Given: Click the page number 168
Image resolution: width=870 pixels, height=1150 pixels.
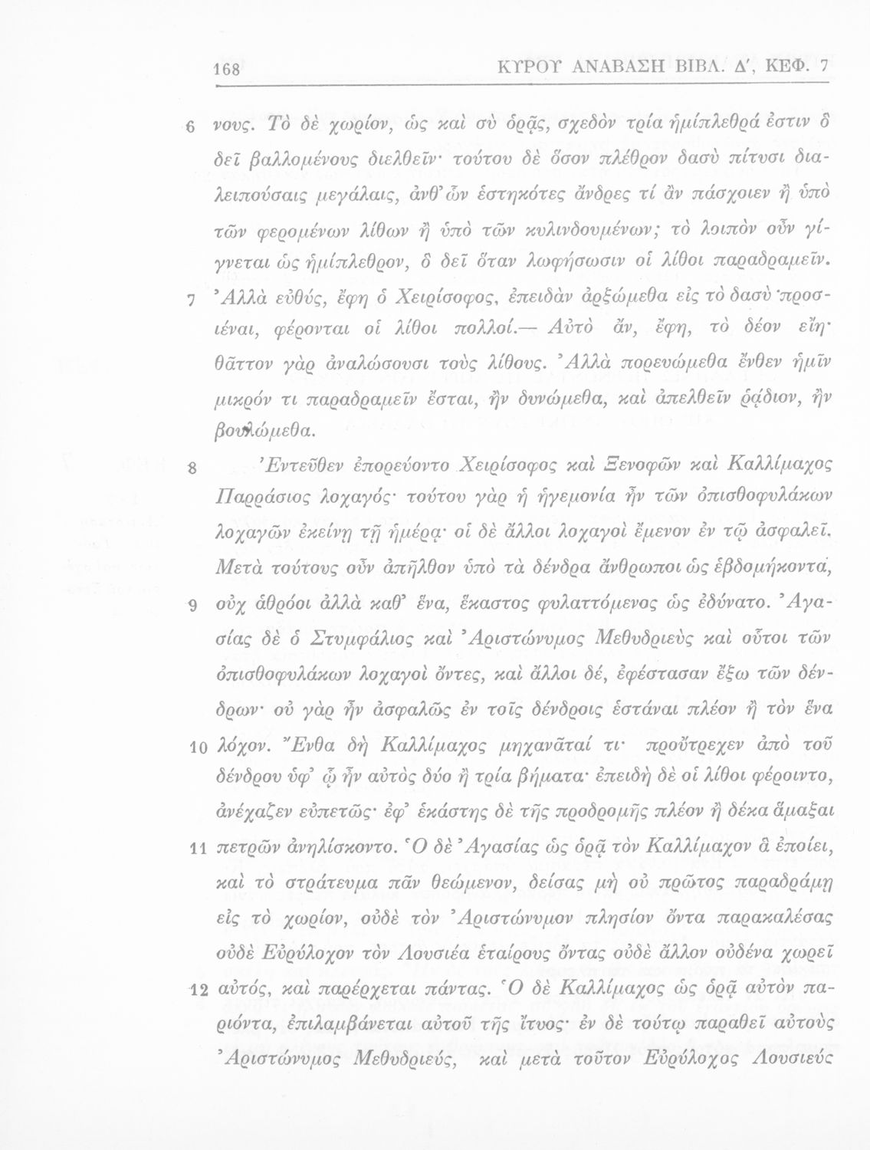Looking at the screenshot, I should (228, 70).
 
